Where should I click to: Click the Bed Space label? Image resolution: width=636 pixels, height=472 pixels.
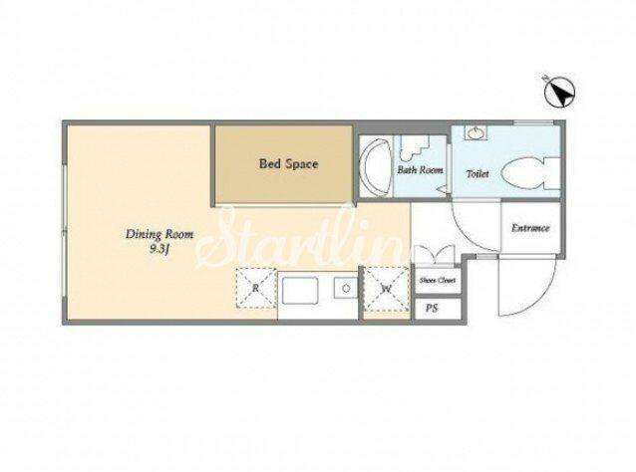pyautogui.click(x=288, y=164)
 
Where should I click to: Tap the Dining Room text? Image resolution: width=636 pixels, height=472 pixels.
pyautogui.click(x=159, y=234)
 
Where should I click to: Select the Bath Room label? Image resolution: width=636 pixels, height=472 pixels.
pyautogui.click(x=420, y=169)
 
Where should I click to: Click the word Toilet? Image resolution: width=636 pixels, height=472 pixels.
pyautogui.click(x=477, y=174)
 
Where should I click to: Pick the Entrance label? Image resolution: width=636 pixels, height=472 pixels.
pyautogui.click(x=530, y=228)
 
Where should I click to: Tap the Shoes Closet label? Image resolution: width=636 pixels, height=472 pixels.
pyautogui.click(x=438, y=280)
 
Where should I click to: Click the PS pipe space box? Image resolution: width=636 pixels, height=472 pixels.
pyautogui.click(x=438, y=309)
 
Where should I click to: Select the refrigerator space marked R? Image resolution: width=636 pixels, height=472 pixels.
pyautogui.click(x=256, y=288)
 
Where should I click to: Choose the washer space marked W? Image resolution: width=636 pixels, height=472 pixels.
pyautogui.click(x=386, y=289)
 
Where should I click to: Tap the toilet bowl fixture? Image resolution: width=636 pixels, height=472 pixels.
pyautogui.click(x=530, y=174)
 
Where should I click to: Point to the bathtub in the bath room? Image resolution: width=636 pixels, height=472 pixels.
pyautogui.click(x=377, y=168)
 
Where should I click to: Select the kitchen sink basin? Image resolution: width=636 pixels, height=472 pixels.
pyautogui.click(x=300, y=291)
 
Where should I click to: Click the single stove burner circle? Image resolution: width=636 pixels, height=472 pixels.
pyautogui.click(x=346, y=289)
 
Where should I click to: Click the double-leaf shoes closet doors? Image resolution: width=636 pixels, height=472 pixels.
pyautogui.click(x=434, y=256)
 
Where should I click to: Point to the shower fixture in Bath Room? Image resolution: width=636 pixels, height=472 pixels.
pyautogui.click(x=414, y=148)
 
